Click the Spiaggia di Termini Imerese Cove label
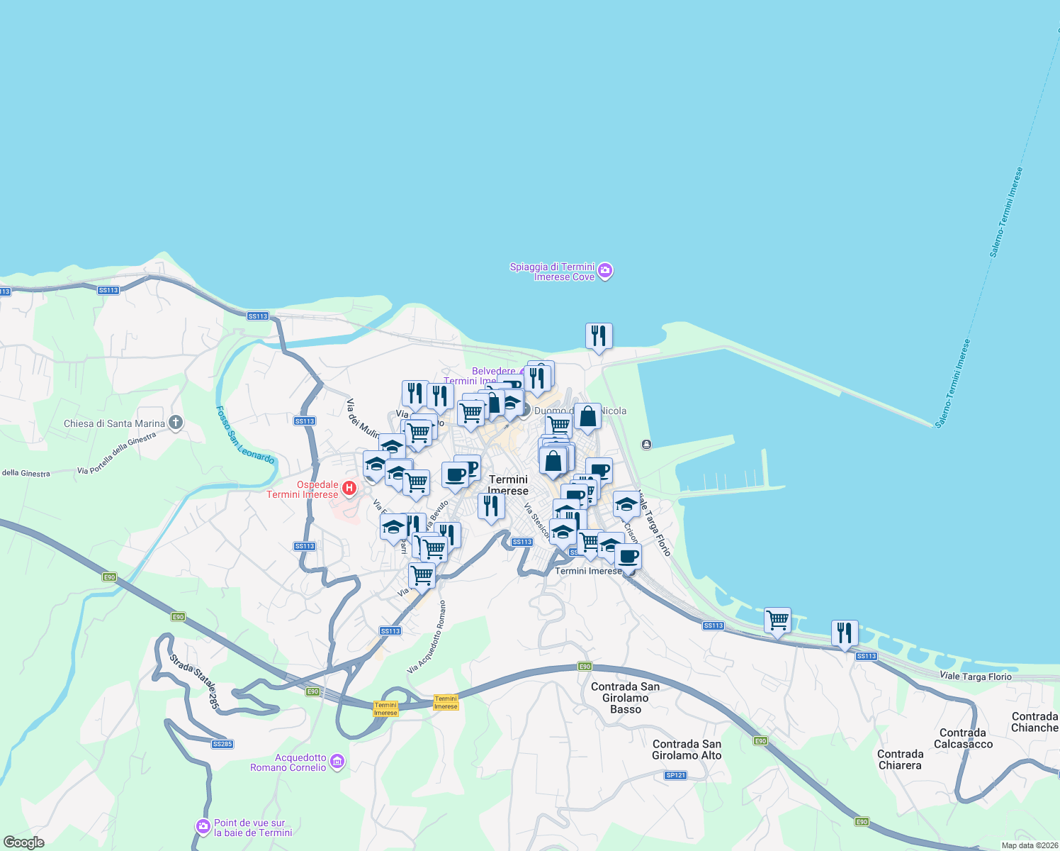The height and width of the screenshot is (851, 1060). (553, 272)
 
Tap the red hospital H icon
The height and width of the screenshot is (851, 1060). (349, 488)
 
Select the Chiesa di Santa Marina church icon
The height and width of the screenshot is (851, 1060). (176, 423)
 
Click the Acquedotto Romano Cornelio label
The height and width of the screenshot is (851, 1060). (288, 762)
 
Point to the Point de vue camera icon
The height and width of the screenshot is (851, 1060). (203, 827)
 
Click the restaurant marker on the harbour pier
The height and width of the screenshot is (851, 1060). (599, 336)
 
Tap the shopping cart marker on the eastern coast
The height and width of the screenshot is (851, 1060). (777, 621)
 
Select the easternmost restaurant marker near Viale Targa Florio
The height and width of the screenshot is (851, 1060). (844, 633)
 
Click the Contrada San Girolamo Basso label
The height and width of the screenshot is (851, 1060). (626, 698)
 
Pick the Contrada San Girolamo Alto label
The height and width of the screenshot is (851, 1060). (687, 750)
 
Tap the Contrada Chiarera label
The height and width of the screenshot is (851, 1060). (900, 760)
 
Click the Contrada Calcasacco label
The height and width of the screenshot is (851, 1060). (963, 738)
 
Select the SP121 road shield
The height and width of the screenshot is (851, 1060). (676, 775)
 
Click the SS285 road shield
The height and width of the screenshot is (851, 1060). (222, 744)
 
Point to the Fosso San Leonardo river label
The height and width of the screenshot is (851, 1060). (244, 435)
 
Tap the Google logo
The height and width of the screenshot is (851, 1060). (23, 842)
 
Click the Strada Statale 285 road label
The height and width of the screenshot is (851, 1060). (193, 682)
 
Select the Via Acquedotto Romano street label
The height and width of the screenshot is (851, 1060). (427, 638)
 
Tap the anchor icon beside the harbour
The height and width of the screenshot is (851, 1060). (646, 445)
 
